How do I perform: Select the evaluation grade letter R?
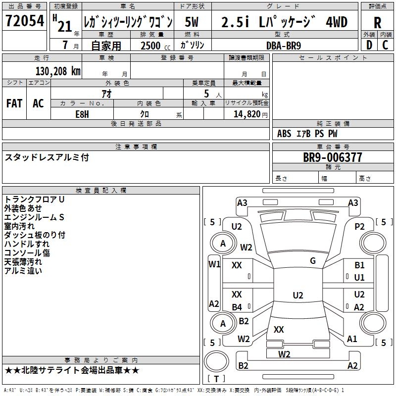pos(377,22)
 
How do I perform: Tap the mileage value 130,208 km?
pos(57,71)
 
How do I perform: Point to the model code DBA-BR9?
pos(283,45)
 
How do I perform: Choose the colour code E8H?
pos(82,114)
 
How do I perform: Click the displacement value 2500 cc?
pos(153,46)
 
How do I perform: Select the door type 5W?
pos(193,22)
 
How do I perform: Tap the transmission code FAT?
pos(14,103)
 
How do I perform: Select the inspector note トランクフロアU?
pos(34,199)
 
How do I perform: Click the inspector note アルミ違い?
pos(23,270)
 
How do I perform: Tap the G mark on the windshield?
pos(313,261)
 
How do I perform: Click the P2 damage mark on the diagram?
pos(360,226)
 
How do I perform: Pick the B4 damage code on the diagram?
pos(237,307)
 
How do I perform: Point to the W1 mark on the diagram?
pos(214,264)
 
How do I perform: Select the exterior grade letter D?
pos(369,45)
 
